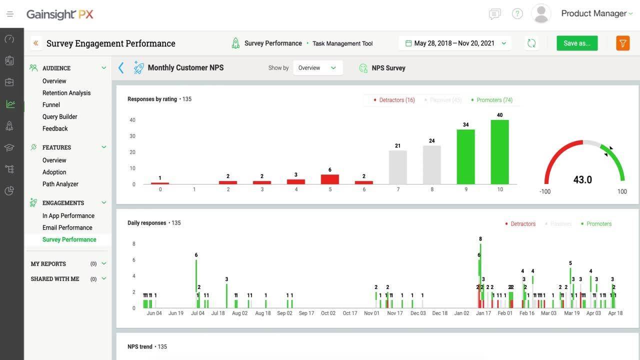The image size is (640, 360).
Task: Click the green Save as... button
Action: point(576,43)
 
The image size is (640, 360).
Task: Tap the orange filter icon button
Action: point(622,43)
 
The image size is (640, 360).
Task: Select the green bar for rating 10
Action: point(499,152)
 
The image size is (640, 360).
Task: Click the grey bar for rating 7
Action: point(397,167)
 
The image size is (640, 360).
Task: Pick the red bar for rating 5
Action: point(329,179)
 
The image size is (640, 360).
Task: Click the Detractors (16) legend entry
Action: point(394,100)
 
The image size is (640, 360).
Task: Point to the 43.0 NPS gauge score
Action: point(582,179)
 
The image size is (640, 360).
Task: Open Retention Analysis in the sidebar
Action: point(66,93)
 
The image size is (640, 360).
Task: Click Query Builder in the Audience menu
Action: point(60,116)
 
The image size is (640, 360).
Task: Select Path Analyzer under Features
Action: point(60,184)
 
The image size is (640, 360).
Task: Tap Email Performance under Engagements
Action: point(67,227)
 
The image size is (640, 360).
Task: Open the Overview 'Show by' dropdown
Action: point(317,68)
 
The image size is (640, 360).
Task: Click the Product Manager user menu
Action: point(593,13)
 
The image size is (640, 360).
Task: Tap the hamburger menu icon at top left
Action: point(10,14)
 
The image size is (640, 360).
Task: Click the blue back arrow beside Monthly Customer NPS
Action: point(121,68)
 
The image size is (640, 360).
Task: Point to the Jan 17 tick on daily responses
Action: point(483,313)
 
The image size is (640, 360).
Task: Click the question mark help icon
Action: point(517,14)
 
